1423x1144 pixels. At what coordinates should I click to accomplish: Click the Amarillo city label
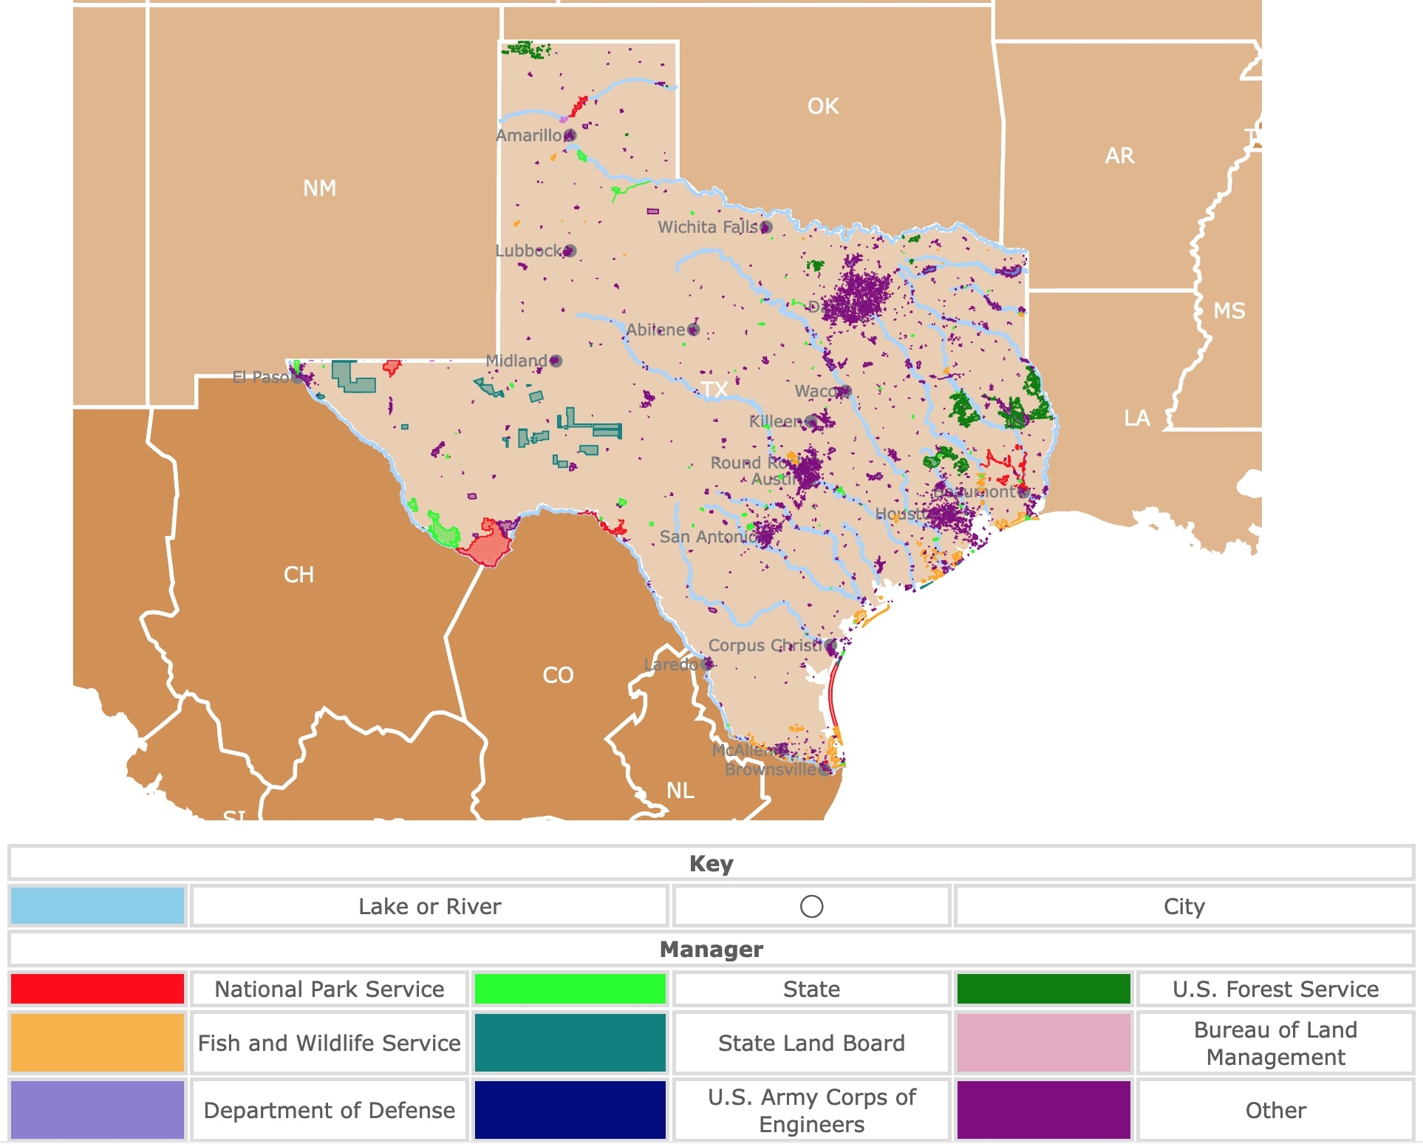[x=528, y=135]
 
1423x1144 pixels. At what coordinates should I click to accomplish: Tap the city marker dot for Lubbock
[x=570, y=251]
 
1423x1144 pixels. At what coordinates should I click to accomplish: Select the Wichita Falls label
[x=707, y=227]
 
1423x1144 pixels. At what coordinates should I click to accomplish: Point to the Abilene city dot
[x=693, y=330]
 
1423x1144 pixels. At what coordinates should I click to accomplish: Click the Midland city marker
[x=556, y=361]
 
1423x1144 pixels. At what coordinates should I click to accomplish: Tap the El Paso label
[x=260, y=378]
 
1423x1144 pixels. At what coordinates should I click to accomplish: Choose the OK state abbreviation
[x=823, y=106]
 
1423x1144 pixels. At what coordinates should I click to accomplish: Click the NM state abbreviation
[x=319, y=188]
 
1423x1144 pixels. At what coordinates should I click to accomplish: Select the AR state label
[x=1119, y=156]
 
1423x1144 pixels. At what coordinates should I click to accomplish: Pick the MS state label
[x=1229, y=311]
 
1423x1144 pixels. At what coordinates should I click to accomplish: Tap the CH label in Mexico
[x=298, y=575]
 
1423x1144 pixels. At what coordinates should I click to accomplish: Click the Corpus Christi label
[x=765, y=645]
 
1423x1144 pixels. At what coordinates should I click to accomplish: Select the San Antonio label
[x=706, y=537]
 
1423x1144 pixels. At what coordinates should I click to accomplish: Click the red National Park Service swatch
[x=98, y=989]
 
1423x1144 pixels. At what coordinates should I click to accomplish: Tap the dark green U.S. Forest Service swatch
[x=1043, y=989]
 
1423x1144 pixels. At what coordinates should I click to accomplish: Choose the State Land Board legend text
[x=811, y=1043]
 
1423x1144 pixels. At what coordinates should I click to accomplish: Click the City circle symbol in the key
[x=811, y=906]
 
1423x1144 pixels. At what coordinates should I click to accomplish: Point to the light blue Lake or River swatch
[x=98, y=906]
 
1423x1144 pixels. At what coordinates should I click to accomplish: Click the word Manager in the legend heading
[x=711, y=949]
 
